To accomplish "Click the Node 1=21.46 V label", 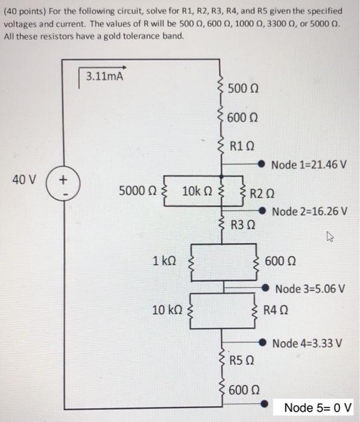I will point(310,165).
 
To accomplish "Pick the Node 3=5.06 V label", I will point(310,288).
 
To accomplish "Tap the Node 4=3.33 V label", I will point(310,343).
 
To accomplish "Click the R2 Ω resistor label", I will point(265,193).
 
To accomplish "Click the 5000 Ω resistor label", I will point(138,192).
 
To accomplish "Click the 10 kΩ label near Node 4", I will point(166,310).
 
